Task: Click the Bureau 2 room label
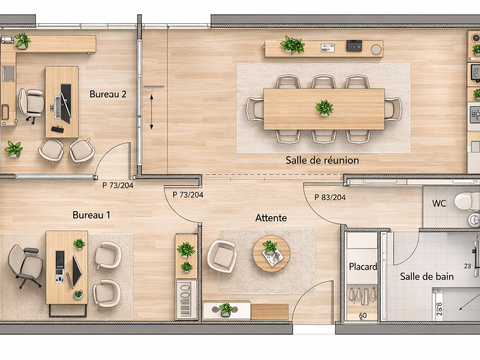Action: [x=108, y=94]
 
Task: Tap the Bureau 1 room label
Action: [x=91, y=215]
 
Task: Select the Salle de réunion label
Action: [x=322, y=160]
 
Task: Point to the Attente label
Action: [x=271, y=218]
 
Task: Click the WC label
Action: [x=439, y=203]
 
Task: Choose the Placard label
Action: [x=363, y=267]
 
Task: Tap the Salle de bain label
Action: [x=427, y=276]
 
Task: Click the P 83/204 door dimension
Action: [x=330, y=197]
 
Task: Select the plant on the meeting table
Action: [x=324, y=108]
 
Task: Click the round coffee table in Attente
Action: [x=271, y=254]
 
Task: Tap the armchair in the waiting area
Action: [x=222, y=256]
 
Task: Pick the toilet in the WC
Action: [x=467, y=201]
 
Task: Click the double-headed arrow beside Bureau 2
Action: [x=151, y=112]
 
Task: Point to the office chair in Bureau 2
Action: [x=31, y=104]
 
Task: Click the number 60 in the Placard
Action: [x=363, y=315]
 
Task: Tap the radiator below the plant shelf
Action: [x=186, y=300]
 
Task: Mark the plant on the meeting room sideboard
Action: [x=292, y=45]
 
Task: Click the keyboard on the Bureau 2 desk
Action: [x=58, y=107]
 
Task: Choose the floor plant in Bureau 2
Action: [x=14, y=149]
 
